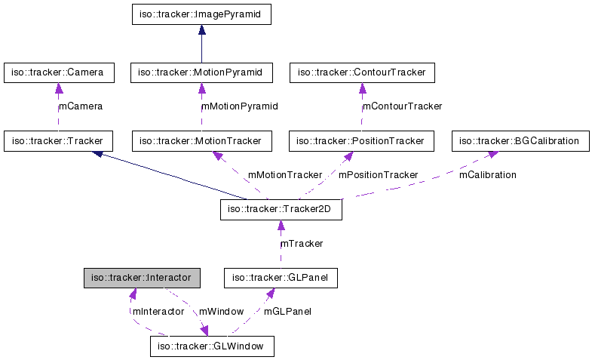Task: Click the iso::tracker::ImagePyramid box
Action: [x=201, y=14]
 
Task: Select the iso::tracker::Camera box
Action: [x=58, y=72]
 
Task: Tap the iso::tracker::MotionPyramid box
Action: [x=201, y=72]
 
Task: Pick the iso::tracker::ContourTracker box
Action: [x=362, y=72]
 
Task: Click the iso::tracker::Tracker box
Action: [x=58, y=140]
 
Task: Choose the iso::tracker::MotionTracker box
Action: [x=201, y=140]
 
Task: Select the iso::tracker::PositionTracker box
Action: [x=362, y=140]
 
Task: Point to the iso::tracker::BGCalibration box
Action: [x=520, y=140]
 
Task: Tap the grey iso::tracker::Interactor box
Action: [x=142, y=278]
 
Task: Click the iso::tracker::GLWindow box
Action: [x=211, y=346]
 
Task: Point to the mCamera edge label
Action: [x=81, y=106]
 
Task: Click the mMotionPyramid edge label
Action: [x=239, y=106]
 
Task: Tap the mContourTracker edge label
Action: [x=402, y=106]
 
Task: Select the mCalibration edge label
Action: [x=487, y=174]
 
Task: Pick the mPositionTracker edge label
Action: [x=377, y=174]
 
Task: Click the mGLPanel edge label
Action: [x=287, y=311]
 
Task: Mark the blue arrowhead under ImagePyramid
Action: [x=201, y=30]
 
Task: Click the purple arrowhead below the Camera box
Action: [x=58, y=88]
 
